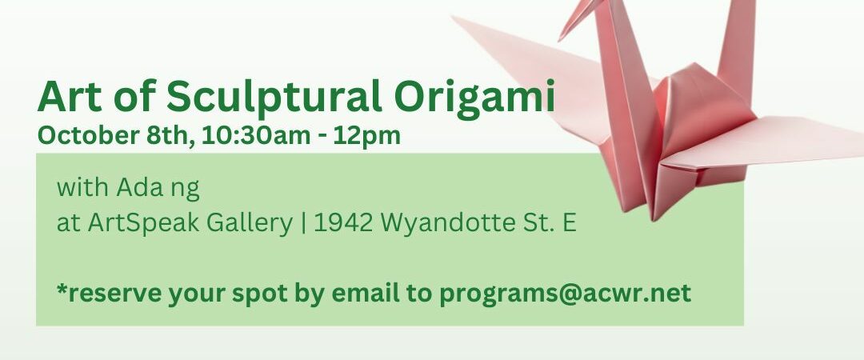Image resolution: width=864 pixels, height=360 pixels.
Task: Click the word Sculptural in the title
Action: pos(274,97)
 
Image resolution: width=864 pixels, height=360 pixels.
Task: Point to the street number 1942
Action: pos(344,222)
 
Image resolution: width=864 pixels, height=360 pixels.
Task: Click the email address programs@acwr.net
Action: pos(565,294)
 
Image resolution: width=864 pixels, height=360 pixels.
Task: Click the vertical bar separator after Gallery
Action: pos(304,223)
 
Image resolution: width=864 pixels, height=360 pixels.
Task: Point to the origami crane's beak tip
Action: pos(559,40)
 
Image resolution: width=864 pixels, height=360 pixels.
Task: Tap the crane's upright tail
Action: pos(738,50)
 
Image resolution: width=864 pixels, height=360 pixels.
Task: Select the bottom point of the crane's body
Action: pos(654,220)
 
